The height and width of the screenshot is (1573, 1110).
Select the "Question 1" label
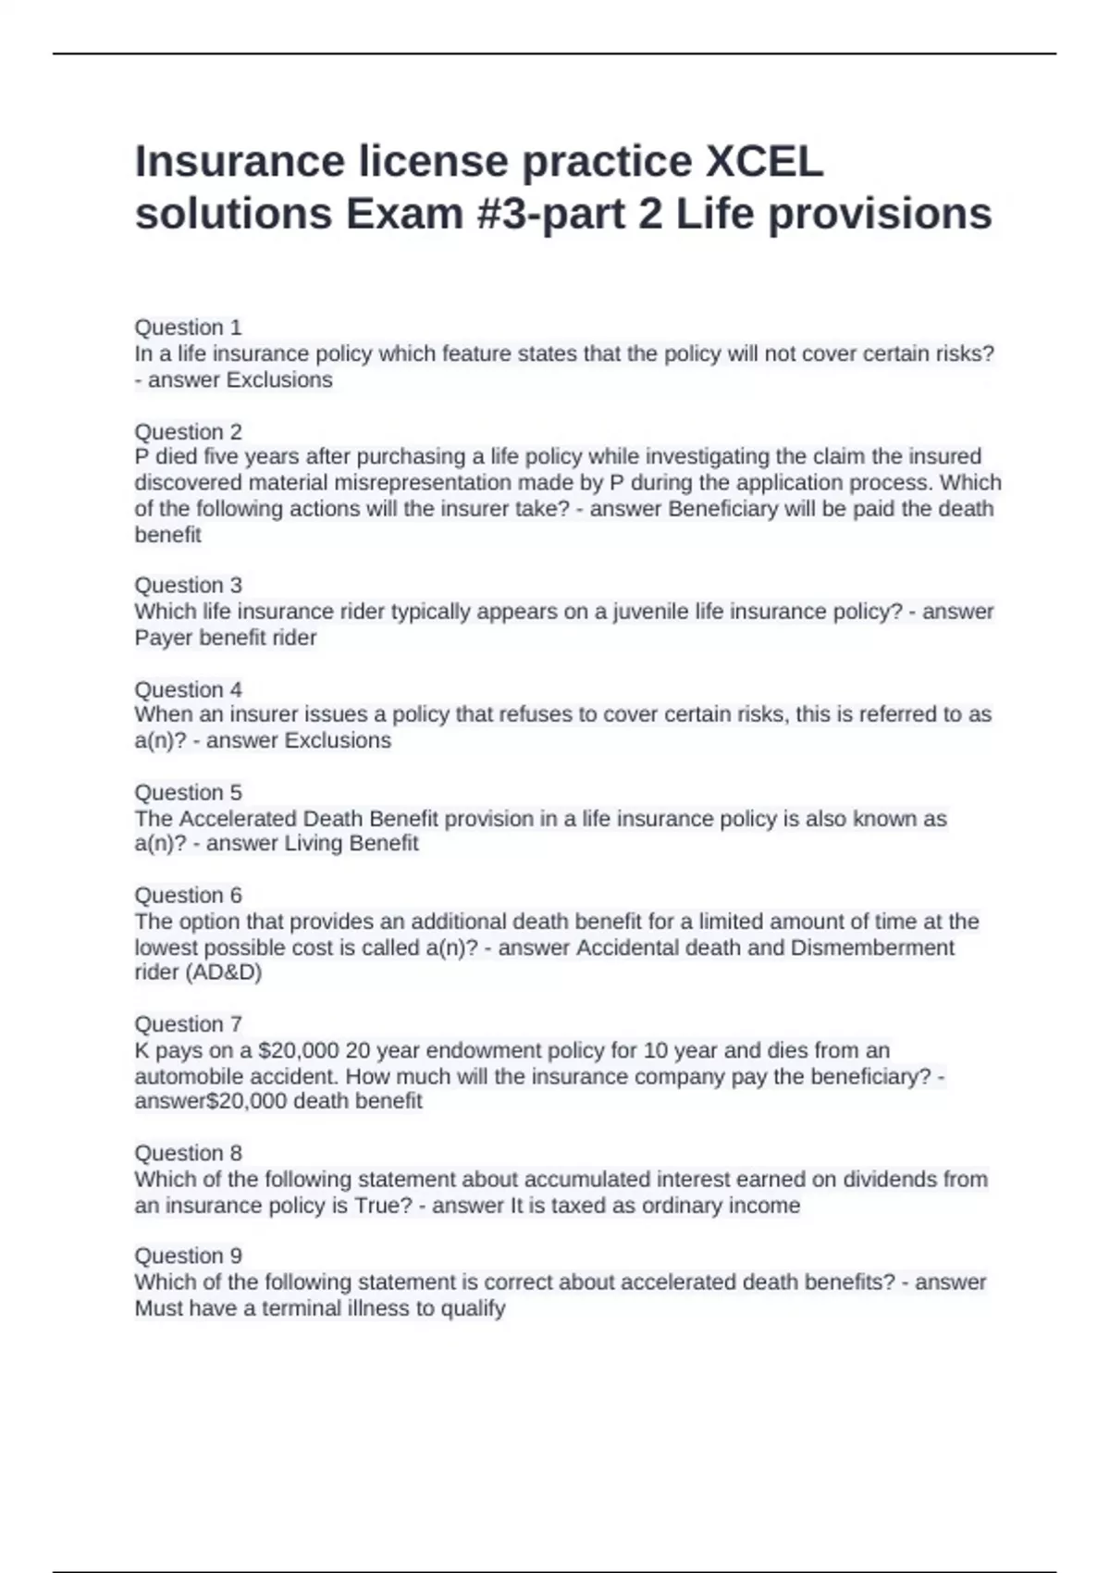tap(188, 328)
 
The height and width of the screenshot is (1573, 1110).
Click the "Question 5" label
tap(188, 793)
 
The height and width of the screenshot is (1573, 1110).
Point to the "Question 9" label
tap(188, 1257)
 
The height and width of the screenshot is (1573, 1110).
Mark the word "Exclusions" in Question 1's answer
tap(279, 380)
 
